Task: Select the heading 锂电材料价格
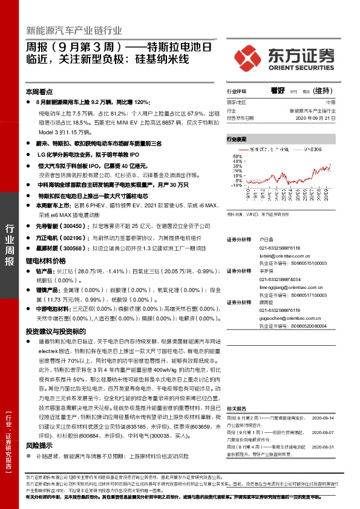(45, 261)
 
